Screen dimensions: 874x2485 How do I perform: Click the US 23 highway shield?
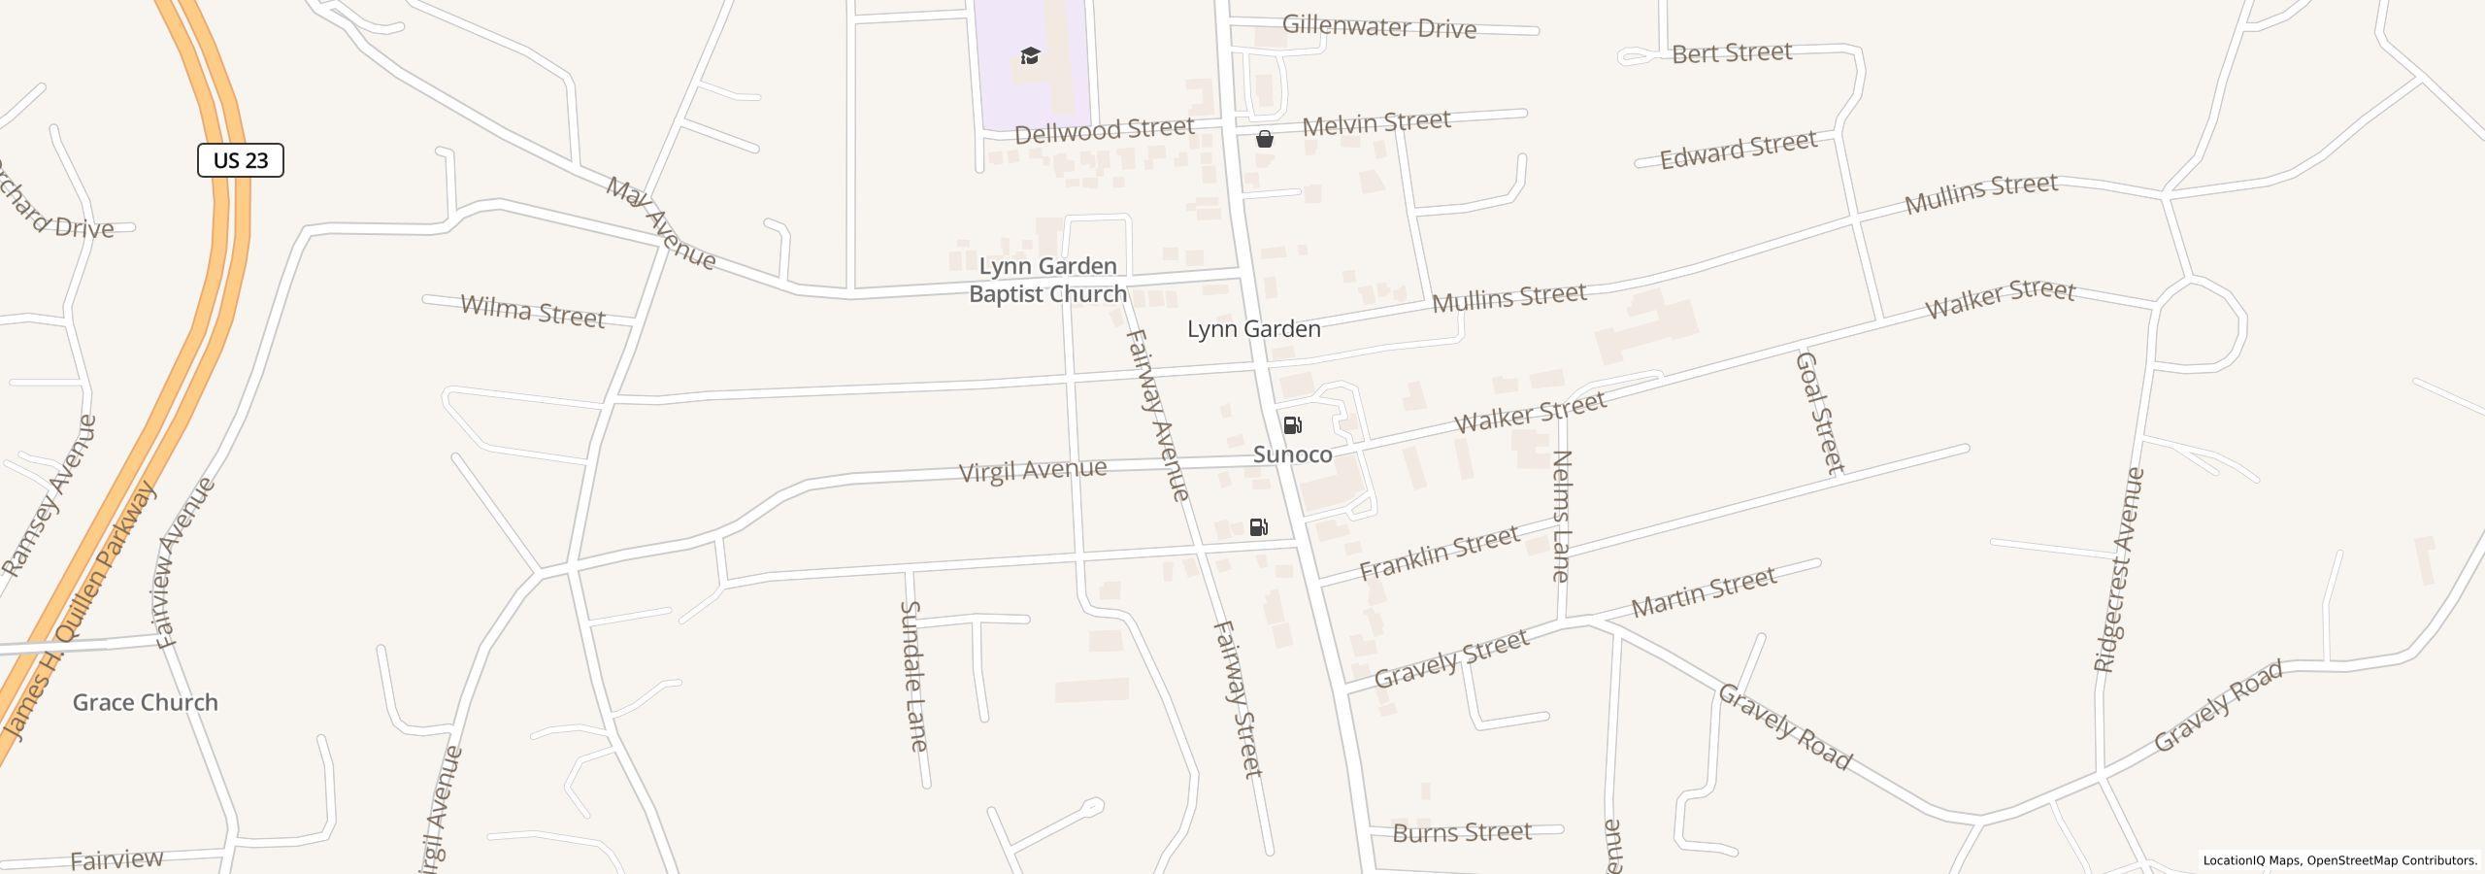(x=240, y=160)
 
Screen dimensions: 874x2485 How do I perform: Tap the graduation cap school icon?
(x=1030, y=56)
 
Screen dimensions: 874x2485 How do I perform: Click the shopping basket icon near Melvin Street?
(x=1264, y=139)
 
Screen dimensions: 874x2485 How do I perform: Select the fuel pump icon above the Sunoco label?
(x=1292, y=425)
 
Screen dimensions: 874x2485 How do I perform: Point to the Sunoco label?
(x=1292, y=454)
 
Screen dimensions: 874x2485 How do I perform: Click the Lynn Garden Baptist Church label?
(x=1047, y=280)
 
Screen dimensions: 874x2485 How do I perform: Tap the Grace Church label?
(x=146, y=702)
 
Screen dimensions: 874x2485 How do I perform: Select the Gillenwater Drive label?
(x=1378, y=27)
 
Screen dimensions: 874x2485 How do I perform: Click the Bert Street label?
(x=1731, y=52)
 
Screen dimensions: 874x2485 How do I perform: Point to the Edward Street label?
(x=1738, y=151)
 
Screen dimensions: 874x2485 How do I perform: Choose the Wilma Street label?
(x=532, y=312)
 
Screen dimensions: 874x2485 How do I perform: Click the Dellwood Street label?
(x=1104, y=129)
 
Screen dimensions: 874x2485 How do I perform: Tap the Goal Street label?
(x=1819, y=412)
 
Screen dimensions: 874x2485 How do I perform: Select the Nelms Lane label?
(x=1561, y=516)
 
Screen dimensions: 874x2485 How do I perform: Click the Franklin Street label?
(x=1439, y=553)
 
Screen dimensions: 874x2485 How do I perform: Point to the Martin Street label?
(x=1704, y=592)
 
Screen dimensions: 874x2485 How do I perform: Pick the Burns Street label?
(x=1462, y=832)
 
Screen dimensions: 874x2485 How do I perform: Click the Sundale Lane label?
(x=913, y=676)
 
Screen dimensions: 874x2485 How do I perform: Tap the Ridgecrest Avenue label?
(x=2118, y=570)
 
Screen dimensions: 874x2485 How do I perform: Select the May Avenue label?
(x=661, y=223)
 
